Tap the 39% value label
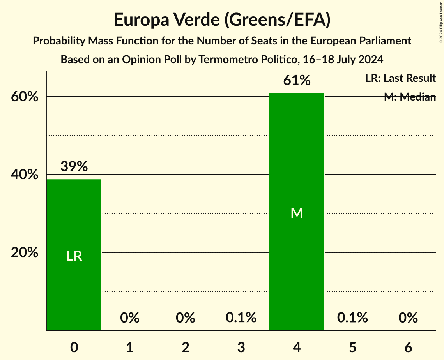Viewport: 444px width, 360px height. pos(74,167)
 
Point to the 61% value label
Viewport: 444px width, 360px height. pos(297,81)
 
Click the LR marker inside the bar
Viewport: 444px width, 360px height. pos(74,256)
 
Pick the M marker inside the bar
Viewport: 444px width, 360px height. pos(297,213)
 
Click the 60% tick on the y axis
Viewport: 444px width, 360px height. pos(25,97)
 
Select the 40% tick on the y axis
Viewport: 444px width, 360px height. pos(25,175)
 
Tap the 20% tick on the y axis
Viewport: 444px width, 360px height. pos(25,252)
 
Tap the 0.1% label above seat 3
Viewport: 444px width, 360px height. pos(241,318)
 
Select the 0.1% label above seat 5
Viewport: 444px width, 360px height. pos(352,318)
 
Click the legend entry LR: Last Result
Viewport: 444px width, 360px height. pos(400,78)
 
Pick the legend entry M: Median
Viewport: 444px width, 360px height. pos(410,97)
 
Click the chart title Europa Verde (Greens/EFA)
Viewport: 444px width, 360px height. pos(222,20)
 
